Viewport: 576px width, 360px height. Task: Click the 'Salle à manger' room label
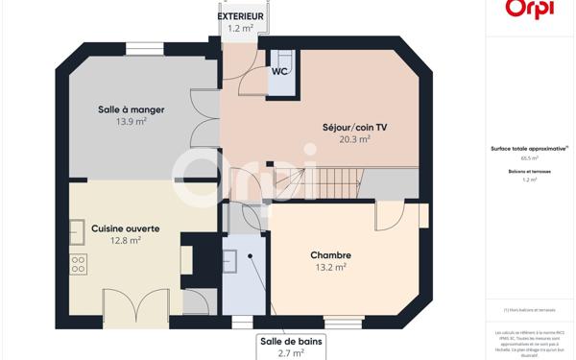click(131, 109)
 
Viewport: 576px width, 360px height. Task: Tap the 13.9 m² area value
click(131, 122)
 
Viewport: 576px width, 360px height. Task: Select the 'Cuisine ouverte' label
click(125, 228)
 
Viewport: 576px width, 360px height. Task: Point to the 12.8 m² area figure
click(125, 241)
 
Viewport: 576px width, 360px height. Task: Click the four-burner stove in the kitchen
click(78, 263)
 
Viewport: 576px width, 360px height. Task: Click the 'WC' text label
click(280, 72)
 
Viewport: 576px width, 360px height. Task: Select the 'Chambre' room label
click(330, 255)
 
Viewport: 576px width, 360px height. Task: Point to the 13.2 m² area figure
click(330, 268)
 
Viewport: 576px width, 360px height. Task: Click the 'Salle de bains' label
click(291, 341)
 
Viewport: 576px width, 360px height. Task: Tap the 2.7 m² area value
click(291, 353)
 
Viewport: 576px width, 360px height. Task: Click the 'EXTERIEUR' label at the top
click(240, 16)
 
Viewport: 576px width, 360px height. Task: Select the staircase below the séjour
click(299, 183)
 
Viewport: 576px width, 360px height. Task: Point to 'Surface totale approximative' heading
click(529, 148)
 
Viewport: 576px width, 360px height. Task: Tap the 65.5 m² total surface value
click(529, 157)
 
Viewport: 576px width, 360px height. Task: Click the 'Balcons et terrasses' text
click(529, 171)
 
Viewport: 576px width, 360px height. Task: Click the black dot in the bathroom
click(251, 256)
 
